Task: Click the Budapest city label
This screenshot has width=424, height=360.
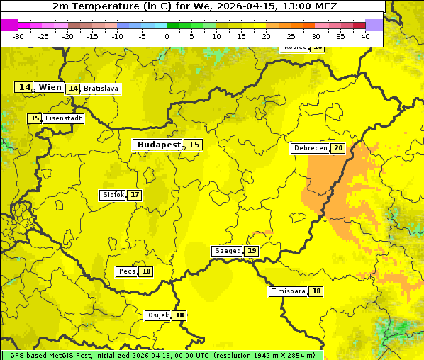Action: [159, 145]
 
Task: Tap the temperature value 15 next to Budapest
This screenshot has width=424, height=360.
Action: [194, 145]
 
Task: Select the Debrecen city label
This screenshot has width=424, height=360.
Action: [310, 148]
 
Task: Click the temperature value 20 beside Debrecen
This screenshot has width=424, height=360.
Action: [337, 148]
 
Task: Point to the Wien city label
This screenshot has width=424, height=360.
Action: [50, 87]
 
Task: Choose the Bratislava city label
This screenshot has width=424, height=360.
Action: [100, 89]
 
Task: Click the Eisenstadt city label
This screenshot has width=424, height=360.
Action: [63, 118]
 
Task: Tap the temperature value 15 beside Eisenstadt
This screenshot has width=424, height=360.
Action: [35, 118]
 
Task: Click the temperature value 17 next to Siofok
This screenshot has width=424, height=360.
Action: [134, 195]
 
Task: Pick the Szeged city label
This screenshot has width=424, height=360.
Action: [228, 251]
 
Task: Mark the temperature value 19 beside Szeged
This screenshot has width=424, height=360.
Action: [252, 251]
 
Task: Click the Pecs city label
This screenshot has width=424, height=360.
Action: [127, 271]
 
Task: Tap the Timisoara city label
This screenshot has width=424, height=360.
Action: [289, 291]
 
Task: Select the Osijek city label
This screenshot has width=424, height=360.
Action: [158, 315]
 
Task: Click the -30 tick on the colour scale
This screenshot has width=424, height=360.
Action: [18, 36]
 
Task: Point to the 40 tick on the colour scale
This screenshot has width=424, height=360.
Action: [365, 36]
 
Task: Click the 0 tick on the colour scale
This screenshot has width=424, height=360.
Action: [167, 36]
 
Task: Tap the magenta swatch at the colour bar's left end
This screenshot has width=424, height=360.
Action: [9, 25]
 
